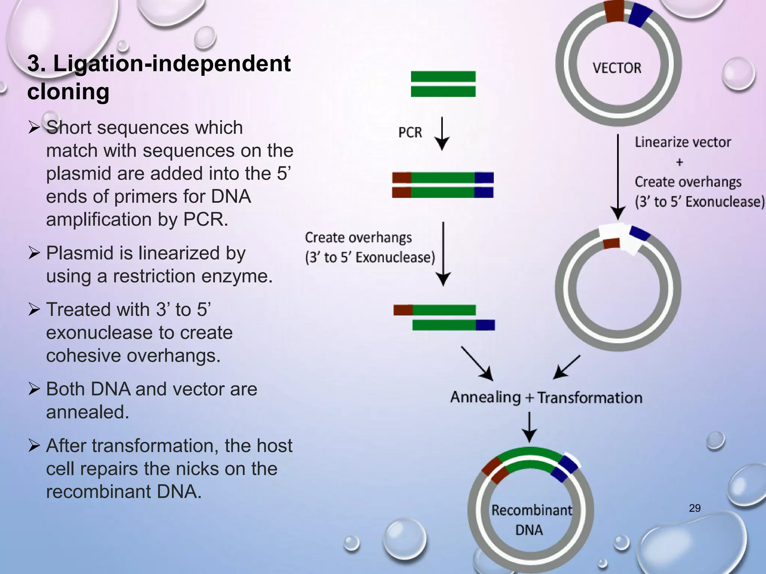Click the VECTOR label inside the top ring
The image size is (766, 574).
pyautogui.click(x=617, y=68)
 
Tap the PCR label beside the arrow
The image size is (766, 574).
pyautogui.click(x=410, y=132)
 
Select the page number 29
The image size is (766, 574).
pyautogui.click(x=695, y=508)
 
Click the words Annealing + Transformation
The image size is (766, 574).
pyautogui.click(x=546, y=397)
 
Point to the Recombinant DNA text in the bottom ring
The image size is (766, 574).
pyautogui.click(x=531, y=520)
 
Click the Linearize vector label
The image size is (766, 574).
pyautogui.click(x=683, y=142)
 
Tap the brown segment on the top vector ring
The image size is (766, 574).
pyautogui.click(x=615, y=11)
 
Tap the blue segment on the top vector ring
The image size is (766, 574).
pyautogui.click(x=641, y=15)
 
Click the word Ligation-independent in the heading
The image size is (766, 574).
pyautogui.click(x=172, y=64)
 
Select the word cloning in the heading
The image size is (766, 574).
pyautogui.click(x=68, y=92)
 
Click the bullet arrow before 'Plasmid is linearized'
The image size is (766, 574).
pyautogui.click(x=34, y=253)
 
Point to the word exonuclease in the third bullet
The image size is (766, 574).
pyautogui.click(x=139, y=333)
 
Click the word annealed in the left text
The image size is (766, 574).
pyautogui.click(x=88, y=412)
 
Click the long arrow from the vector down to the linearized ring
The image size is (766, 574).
pyautogui.click(x=618, y=176)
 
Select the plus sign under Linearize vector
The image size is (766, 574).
pyautogui.click(x=680, y=162)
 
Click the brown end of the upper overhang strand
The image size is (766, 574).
pyautogui.click(x=403, y=310)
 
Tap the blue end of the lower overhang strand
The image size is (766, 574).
pyautogui.click(x=485, y=325)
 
